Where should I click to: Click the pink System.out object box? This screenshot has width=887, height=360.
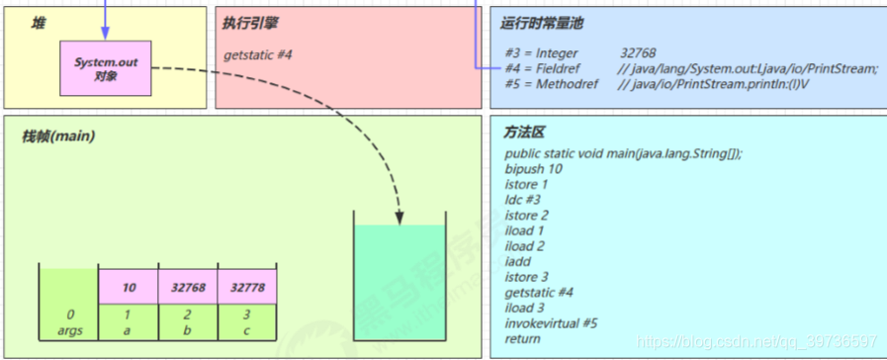pyautogui.click(x=106, y=68)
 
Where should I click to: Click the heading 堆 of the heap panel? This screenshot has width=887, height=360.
pyautogui.click(x=39, y=23)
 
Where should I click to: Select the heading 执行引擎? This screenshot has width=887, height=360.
pyautogui.click(x=249, y=23)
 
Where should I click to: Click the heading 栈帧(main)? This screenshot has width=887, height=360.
pyautogui.click(x=58, y=135)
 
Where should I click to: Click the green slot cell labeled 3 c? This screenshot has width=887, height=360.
pyautogui.click(x=246, y=321)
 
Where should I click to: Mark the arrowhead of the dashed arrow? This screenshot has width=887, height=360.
pyautogui.click(x=400, y=215)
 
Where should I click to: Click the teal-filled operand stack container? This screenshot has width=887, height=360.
pyautogui.click(x=400, y=287)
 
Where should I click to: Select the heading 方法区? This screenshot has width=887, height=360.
pyautogui.click(x=525, y=132)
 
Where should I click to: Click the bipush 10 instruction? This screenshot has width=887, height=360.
pyautogui.click(x=533, y=169)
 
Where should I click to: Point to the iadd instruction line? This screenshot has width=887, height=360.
pyautogui.click(x=520, y=261)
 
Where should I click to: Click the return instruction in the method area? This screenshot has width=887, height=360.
pyautogui.click(x=521, y=338)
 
